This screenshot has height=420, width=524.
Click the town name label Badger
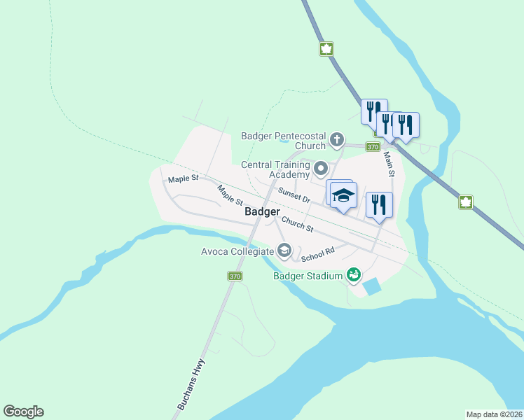[x=263, y=211]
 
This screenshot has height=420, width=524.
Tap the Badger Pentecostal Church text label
[x=283, y=141]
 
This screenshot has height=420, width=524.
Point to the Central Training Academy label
[x=275, y=169]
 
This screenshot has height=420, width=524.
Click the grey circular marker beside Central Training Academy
[x=321, y=168]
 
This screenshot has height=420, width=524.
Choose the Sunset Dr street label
[x=294, y=195]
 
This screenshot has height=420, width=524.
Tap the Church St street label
[x=297, y=225]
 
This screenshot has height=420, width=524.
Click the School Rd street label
[x=318, y=254]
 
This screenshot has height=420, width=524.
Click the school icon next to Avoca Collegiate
[x=284, y=250]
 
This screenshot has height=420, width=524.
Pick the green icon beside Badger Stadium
[x=354, y=274]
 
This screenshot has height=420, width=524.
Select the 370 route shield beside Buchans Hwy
[x=235, y=276]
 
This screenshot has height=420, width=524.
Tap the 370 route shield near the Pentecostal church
[x=373, y=147]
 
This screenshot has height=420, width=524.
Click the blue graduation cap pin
[x=343, y=196]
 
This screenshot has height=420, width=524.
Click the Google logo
[x=23, y=412]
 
